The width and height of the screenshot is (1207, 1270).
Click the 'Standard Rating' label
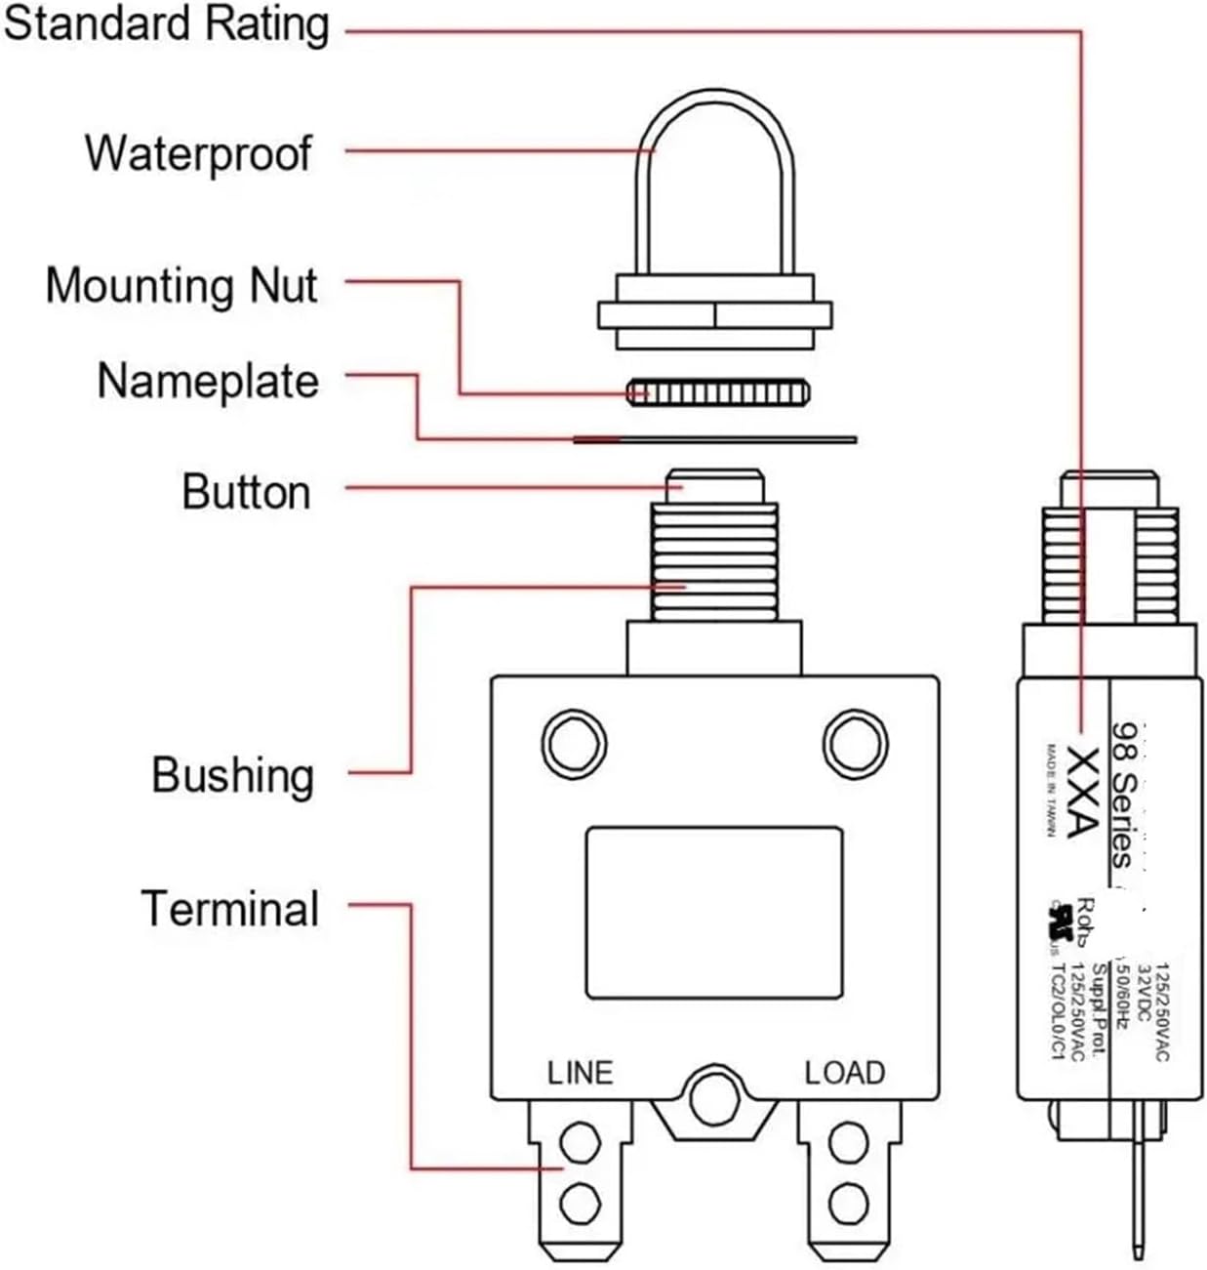tap(166, 25)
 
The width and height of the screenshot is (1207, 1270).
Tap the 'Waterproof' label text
tap(198, 153)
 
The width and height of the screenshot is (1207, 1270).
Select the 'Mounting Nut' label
tap(181, 286)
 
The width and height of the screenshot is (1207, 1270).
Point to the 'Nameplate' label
tap(208, 381)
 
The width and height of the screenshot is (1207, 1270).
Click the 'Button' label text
tap(246, 491)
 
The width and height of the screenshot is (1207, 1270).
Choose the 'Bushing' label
tap(233, 775)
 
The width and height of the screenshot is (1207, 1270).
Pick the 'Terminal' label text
tap(230, 908)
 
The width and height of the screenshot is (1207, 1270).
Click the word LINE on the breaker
tap(580, 1073)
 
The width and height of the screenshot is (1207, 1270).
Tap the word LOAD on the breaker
tap(844, 1073)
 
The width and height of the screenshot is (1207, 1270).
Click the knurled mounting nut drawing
tap(717, 392)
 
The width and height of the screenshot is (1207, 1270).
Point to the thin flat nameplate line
tap(714, 440)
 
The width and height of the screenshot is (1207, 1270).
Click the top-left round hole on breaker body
tap(575, 744)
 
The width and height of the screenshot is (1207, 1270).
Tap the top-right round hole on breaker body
tap(855, 744)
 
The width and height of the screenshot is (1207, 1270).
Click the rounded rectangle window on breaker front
tap(714, 913)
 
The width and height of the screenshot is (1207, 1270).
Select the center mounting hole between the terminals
tap(714, 1100)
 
